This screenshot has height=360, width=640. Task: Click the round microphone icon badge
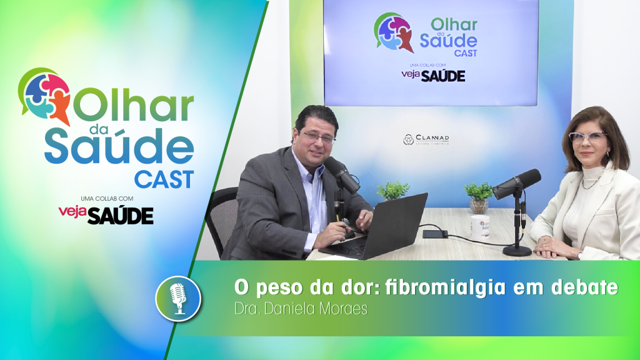(x=178, y=298)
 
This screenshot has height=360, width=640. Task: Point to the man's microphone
(x=342, y=175)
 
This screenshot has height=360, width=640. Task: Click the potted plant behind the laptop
(x=393, y=191)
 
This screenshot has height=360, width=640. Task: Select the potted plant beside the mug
(x=479, y=196)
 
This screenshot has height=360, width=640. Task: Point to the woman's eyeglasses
(x=587, y=137)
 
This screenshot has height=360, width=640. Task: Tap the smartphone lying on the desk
(x=435, y=234)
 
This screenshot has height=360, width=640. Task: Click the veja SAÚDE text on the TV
(x=433, y=76)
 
